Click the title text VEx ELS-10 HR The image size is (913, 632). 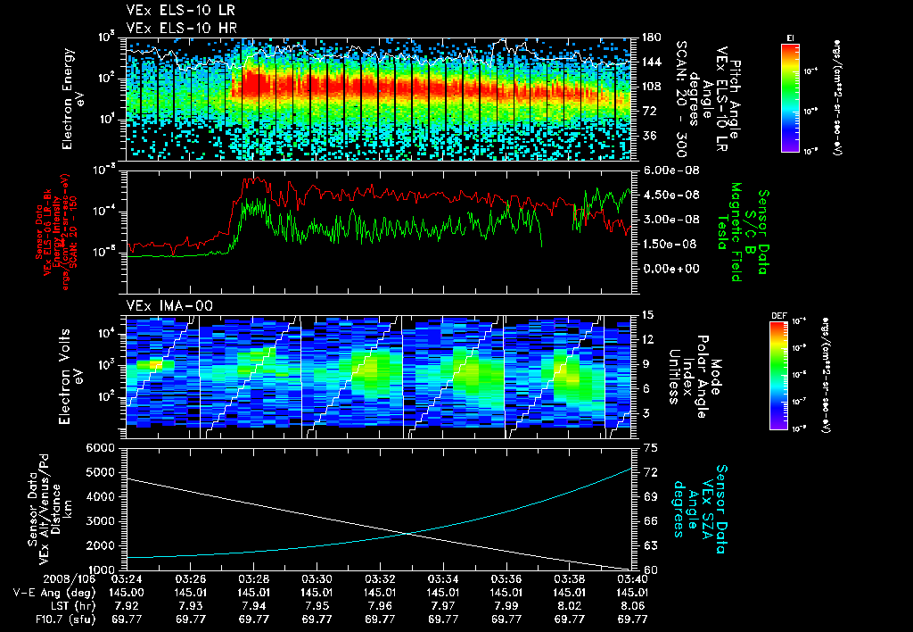[175, 28]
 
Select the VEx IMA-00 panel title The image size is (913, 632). [163, 305]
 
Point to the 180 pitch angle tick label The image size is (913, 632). [648, 37]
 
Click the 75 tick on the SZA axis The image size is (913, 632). [650, 447]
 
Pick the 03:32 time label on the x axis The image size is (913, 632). [381, 578]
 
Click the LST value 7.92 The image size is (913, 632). [127, 603]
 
